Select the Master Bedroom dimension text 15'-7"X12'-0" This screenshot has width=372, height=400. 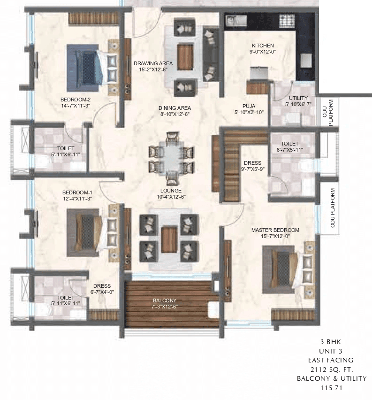coord(275,237)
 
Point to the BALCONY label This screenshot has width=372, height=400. coord(164,300)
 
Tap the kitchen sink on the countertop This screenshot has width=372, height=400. coord(235,21)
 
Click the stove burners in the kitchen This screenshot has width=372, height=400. coord(287,21)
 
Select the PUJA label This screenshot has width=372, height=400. coord(249,106)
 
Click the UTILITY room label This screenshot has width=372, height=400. coord(298,98)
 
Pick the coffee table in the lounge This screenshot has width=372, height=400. coord(169,239)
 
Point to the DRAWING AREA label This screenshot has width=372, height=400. coord(153,63)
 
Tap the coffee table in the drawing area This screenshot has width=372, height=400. coord(185,56)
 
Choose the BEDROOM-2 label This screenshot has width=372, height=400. coord(76,100)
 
